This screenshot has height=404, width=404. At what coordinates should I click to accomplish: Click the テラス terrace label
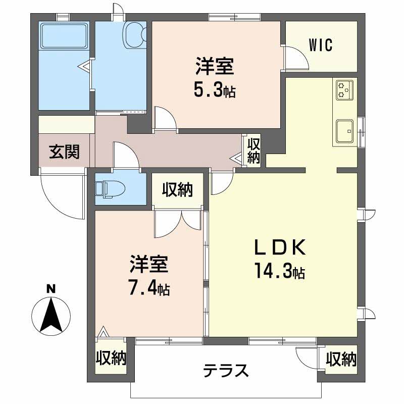(x=226, y=371)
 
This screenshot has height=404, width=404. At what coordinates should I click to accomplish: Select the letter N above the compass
(x=50, y=289)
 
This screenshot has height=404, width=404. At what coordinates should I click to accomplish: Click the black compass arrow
(x=51, y=316)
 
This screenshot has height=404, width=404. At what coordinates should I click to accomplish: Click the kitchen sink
(x=345, y=131)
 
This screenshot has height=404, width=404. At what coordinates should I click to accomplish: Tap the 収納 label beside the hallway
(x=252, y=150)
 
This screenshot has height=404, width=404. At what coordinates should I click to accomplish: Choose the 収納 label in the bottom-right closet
(x=341, y=360)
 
